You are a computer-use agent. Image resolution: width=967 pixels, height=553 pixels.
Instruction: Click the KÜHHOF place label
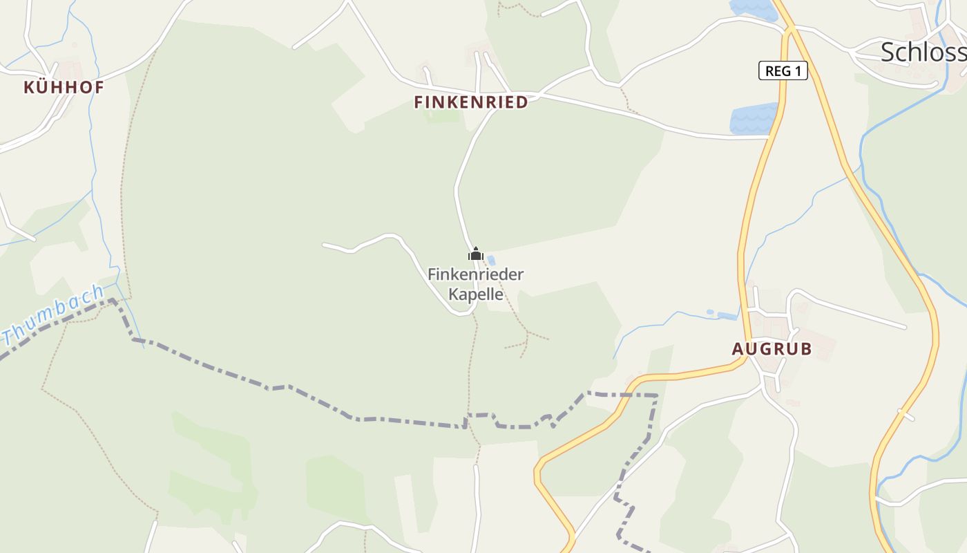64,88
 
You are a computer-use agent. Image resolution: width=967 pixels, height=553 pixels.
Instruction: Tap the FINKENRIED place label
471,102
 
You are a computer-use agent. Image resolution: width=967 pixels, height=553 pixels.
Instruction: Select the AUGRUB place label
772,349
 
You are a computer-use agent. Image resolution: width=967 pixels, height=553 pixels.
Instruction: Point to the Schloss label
923,52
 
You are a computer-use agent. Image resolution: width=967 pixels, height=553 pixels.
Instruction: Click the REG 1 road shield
783,71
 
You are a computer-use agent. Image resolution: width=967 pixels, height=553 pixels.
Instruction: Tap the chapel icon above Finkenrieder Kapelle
475,254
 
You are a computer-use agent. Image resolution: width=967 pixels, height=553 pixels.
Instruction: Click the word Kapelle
476,294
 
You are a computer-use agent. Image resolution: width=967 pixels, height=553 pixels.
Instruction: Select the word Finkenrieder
475,274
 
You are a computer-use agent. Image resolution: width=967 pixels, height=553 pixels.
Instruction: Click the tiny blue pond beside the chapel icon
491,261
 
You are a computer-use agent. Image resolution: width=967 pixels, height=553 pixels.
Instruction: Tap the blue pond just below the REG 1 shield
754,119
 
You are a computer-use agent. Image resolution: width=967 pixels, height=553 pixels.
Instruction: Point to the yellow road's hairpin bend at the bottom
539,474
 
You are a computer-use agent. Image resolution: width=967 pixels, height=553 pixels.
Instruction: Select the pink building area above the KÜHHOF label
70,70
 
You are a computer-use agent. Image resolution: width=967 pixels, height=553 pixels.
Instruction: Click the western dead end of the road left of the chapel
324,245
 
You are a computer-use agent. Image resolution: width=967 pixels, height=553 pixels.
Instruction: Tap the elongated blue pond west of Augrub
727,317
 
